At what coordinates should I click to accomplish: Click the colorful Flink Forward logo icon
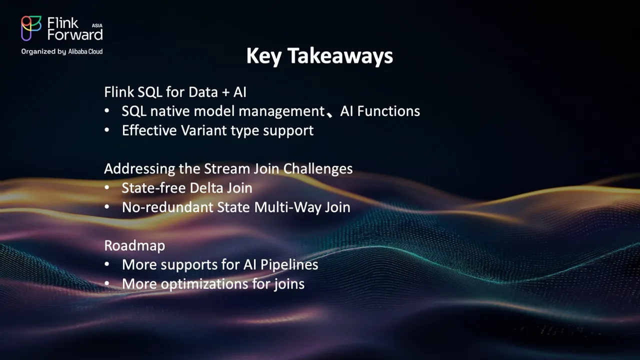(x=31, y=28)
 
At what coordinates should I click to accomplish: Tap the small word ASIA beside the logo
(x=97, y=25)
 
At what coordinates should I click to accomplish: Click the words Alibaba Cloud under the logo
(x=85, y=51)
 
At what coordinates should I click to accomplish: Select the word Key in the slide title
(x=263, y=56)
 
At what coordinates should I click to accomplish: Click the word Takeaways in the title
(x=340, y=55)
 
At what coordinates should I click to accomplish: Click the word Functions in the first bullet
(x=388, y=111)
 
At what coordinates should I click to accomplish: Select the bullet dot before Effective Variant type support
(x=107, y=130)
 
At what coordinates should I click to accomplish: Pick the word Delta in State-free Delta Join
(x=206, y=188)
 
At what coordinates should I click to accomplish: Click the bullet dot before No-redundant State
(x=107, y=207)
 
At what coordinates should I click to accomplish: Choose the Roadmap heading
(x=134, y=245)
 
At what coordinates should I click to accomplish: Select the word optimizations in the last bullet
(x=204, y=284)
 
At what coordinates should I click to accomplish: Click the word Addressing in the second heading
(x=139, y=168)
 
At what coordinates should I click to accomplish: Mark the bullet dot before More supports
(x=107, y=264)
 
